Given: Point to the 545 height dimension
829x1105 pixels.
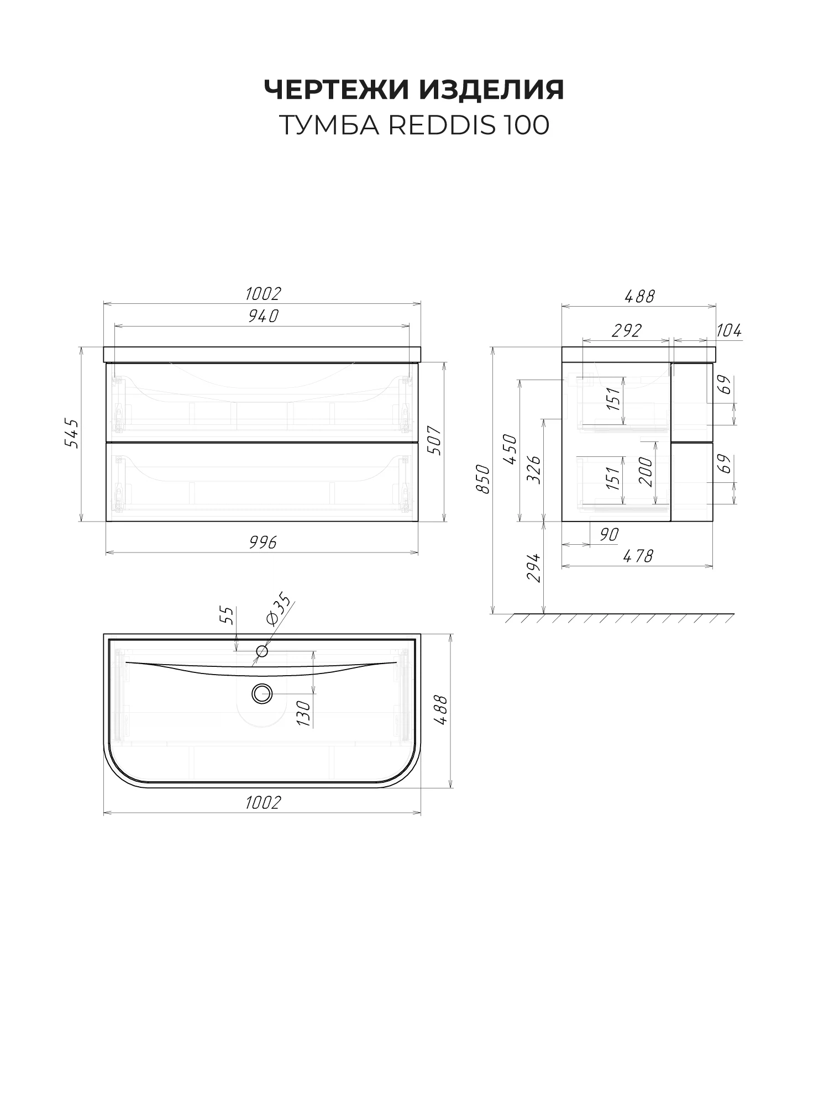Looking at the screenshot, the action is coord(72,434).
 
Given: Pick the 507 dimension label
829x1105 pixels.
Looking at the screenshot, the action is coord(436,440).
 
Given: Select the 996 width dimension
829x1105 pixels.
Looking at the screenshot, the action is coord(262,543).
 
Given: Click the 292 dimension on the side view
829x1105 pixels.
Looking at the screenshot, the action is coord(626,330).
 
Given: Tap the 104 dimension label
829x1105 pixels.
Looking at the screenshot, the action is coord(729,331).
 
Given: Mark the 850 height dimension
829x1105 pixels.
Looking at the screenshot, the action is coord(482,480).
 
